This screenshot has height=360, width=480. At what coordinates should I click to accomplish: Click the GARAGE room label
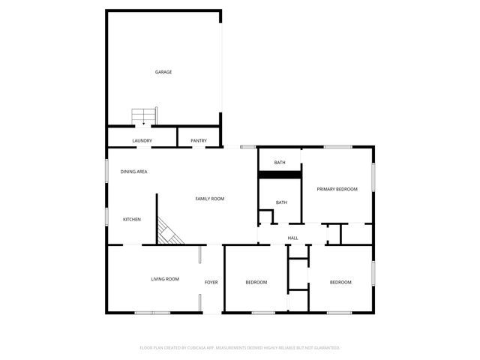[163, 72]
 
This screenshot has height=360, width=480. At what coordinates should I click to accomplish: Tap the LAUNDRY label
[142, 141]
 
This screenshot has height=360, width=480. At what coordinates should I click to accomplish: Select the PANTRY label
[199, 141]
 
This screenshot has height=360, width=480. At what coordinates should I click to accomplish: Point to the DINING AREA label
[133, 172]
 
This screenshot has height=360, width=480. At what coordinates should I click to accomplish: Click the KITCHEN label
[132, 219]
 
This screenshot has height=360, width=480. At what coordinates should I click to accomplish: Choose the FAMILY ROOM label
[210, 199]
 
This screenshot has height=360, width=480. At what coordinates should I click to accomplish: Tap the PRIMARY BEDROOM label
[337, 189]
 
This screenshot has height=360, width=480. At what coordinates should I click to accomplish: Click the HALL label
[292, 238]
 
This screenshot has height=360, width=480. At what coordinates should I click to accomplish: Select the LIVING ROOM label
[165, 279]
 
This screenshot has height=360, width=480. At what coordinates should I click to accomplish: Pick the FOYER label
[211, 282]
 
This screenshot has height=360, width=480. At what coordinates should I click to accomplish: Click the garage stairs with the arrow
[144, 117]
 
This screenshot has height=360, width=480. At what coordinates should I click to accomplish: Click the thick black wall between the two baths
[280, 175]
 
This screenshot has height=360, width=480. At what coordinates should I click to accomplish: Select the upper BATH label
[280, 163]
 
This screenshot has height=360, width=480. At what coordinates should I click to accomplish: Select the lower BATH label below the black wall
[281, 202]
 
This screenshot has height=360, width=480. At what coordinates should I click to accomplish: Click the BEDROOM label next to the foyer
[256, 282]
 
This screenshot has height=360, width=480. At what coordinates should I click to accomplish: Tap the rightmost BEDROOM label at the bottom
[341, 282]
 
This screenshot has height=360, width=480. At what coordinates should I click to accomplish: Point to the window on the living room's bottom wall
[153, 312]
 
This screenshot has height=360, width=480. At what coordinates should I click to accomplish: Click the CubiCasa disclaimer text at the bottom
[240, 348]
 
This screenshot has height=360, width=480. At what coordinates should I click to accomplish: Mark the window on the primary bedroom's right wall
[373, 181]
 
